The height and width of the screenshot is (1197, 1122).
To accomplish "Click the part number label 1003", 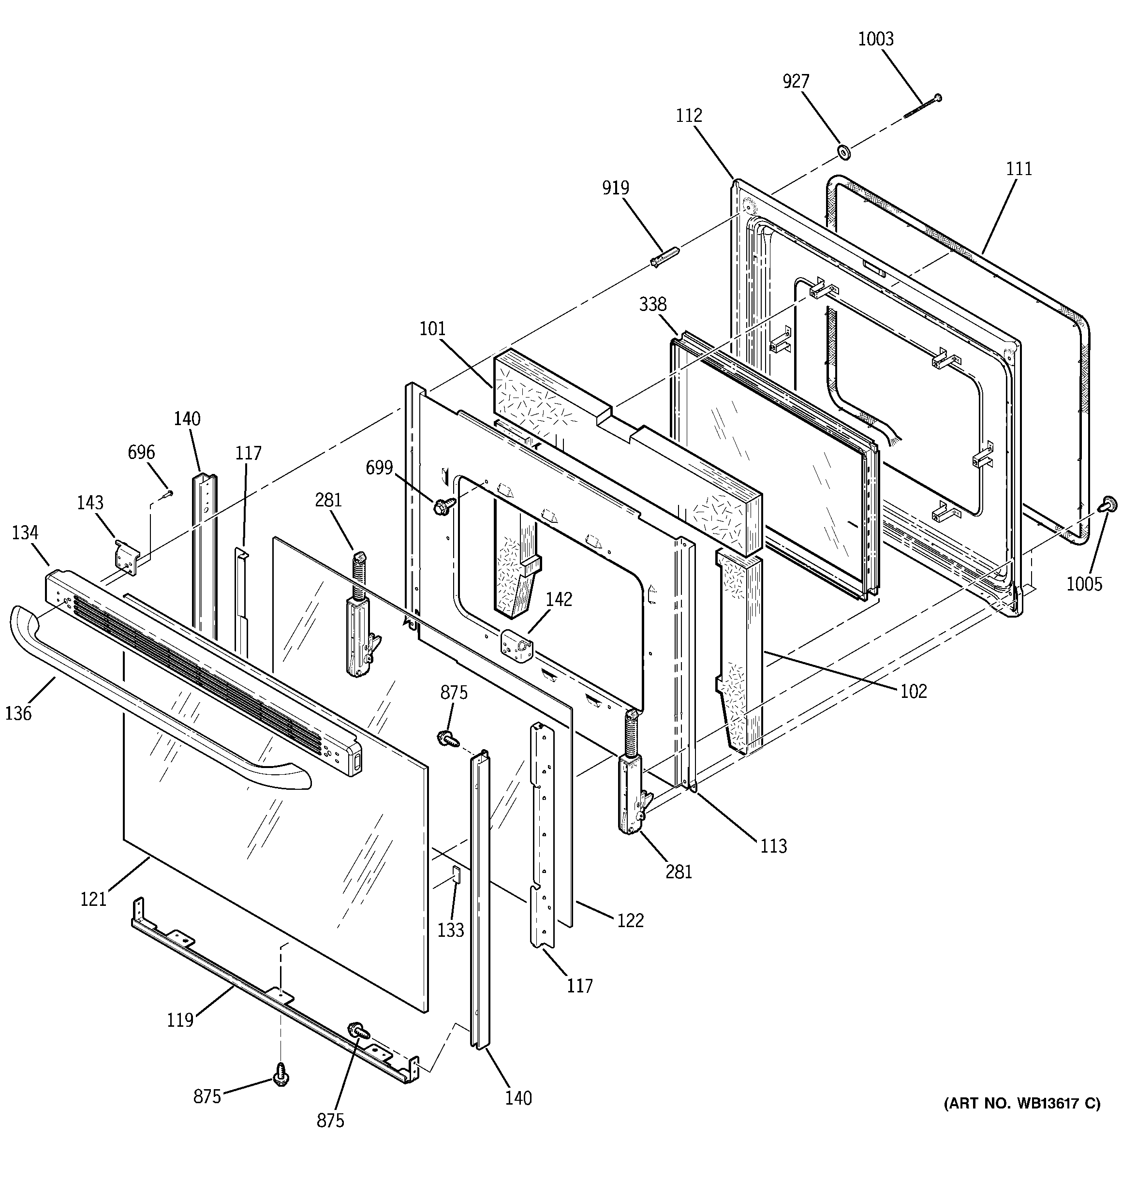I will click(x=876, y=40).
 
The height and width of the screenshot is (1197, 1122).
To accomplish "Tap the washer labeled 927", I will click(x=844, y=152).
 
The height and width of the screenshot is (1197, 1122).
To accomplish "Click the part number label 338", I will click(x=653, y=305).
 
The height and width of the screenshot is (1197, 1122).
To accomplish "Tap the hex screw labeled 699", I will click(x=439, y=506).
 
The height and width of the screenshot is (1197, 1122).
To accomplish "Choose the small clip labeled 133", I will click(x=456, y=873).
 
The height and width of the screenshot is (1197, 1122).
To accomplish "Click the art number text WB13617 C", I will click(x=1021, y=1104).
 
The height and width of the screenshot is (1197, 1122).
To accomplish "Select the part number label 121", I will click(x=93, y=900).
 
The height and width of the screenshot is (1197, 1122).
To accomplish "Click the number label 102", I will click(x=914, y=691).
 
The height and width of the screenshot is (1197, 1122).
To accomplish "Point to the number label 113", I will click(x=773, y=846).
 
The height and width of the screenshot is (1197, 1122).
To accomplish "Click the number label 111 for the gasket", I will click(x=1019, y=169).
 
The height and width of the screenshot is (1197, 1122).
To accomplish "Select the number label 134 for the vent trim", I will click(x=25, y=533).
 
